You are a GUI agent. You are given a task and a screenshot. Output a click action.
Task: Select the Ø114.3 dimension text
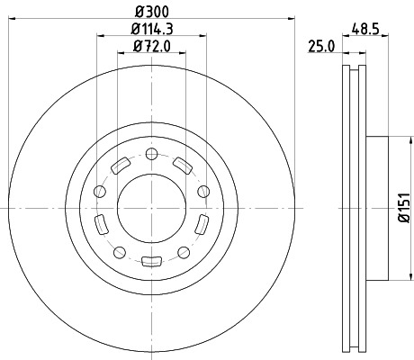(x=151, y=30)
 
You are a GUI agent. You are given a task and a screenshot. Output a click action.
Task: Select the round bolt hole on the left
(x=99, y=191)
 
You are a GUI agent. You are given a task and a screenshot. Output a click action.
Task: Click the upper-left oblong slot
(x=119, y=166)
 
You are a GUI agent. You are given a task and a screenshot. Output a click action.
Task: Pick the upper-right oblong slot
(x=183, y=166)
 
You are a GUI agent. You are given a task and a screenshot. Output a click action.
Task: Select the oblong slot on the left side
(x=101, y=223)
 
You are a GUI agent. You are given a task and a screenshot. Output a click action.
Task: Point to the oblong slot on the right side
(x=202, y=223)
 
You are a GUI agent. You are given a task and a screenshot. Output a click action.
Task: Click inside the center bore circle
(x=151, y=208)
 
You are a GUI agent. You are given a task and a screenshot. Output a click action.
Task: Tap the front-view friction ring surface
(x=54, y=208)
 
